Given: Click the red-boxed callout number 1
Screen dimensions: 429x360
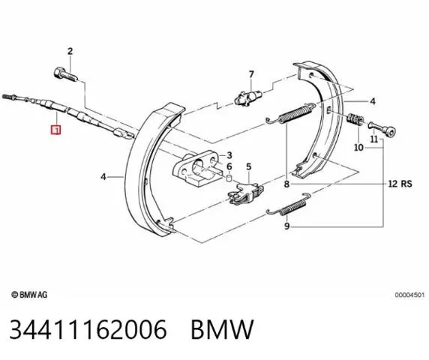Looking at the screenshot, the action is click(x=55, y=130).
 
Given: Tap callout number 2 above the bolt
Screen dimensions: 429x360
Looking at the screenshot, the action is click(x=70, y=51).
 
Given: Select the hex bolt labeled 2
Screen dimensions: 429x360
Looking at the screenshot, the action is click(x=65, y=75).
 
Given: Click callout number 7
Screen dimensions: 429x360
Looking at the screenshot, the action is click(x=251, y=74).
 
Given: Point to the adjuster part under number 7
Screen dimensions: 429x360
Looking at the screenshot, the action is click(x=248, y=97).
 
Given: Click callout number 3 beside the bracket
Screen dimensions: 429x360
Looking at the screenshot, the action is click(x=229, y=155).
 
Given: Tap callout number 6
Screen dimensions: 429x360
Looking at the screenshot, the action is click(x=229, y=166).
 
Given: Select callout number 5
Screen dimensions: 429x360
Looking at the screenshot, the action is click(x=248, y=166).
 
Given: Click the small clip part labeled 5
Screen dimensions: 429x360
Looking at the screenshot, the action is click(x=245, y=193).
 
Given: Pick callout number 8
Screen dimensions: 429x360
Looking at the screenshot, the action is click(x=286, y=184).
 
